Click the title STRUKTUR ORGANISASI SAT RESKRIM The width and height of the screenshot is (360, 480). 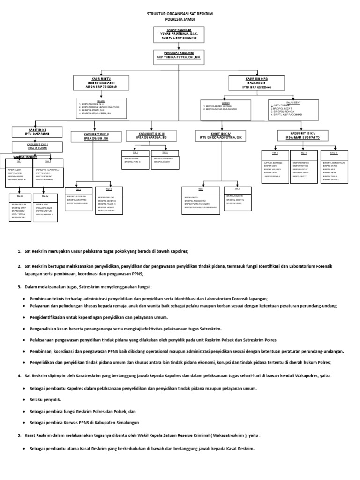[180, 15]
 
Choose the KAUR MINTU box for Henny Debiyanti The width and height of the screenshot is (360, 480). [102, 83]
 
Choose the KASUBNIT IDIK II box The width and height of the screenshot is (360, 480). [96, 136]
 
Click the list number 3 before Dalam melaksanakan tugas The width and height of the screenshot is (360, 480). [19, 287]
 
